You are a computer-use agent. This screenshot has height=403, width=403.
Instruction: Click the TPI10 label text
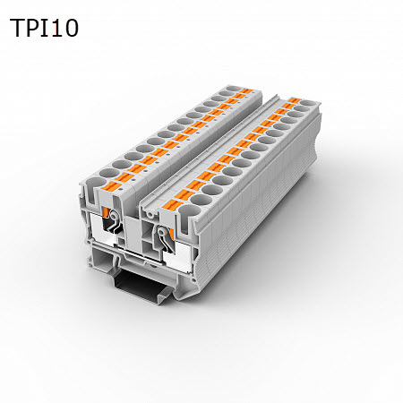(x=45, y=28)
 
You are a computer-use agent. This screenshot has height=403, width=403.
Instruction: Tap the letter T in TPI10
(x=19, y=28)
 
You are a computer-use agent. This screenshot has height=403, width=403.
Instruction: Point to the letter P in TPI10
(x=34, y=28)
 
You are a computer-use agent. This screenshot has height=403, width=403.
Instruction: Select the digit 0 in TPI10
(x=70, y=28)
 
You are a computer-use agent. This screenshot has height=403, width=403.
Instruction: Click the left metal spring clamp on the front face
(x=114, y=231)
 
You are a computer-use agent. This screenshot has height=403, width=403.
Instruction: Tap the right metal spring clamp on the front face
(x=164, y=240)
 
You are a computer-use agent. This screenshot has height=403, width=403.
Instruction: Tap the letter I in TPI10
(x=45, y=28)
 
